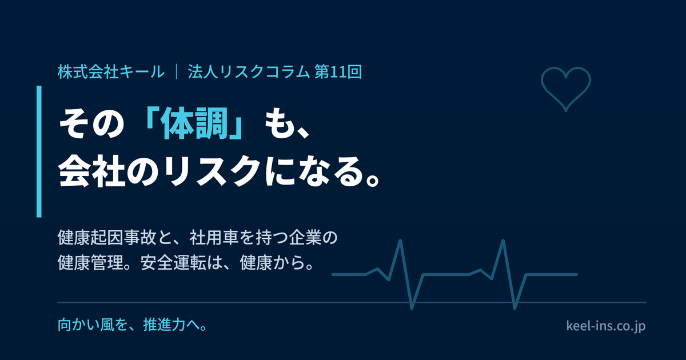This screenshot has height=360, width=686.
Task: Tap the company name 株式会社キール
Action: click(111, 72)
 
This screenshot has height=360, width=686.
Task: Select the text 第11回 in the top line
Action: click(338, 72)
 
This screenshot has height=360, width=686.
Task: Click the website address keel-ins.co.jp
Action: click(606, 325)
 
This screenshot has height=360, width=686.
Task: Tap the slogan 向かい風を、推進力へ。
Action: click(133, 325)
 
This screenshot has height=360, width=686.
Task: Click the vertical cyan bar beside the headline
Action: click(39, 151)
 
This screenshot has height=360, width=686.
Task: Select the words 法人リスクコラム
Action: click(249, 72)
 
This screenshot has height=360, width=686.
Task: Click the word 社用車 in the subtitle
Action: click(214, 238)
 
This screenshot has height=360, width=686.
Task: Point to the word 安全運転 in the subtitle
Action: click(173, 263)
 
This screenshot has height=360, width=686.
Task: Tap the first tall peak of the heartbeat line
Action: click(400, 241)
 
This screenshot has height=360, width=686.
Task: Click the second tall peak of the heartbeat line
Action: click(503, 241)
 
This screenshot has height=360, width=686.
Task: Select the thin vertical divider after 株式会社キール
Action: click(177, 72)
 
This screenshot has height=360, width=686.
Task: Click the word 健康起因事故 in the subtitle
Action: click(107, 238)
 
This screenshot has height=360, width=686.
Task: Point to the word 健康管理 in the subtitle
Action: click(90, 263)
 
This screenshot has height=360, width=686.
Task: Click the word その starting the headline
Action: click(91, 123)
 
